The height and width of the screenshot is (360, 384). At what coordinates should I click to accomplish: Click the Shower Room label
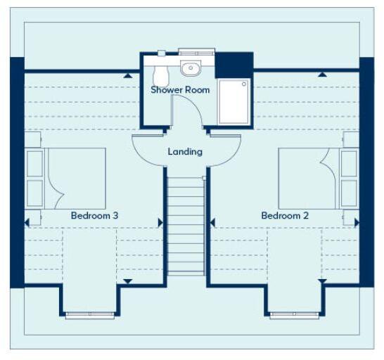[x=180, y=90]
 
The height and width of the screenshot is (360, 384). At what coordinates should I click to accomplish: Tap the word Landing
[x=185, y=151]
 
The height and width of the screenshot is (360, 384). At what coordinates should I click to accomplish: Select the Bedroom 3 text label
[x=94, y=215]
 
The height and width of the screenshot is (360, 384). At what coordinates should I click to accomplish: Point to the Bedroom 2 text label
[x=285, y=215]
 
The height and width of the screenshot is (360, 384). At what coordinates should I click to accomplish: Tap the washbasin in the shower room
[x=190, y=69]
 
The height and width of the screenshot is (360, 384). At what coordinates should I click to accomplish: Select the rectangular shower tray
[x=233, y=101]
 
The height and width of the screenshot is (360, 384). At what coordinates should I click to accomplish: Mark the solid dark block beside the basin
[x=233, y=65]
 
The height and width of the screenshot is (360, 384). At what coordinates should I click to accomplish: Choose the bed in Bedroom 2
[x=309, y=178]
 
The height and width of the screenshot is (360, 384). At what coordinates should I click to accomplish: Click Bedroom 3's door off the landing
[x=148, y=148]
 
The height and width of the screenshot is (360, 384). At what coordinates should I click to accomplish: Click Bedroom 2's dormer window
[x=293, y=316]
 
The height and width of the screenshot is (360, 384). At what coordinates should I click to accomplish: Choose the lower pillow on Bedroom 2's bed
[x=347, y=191]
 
